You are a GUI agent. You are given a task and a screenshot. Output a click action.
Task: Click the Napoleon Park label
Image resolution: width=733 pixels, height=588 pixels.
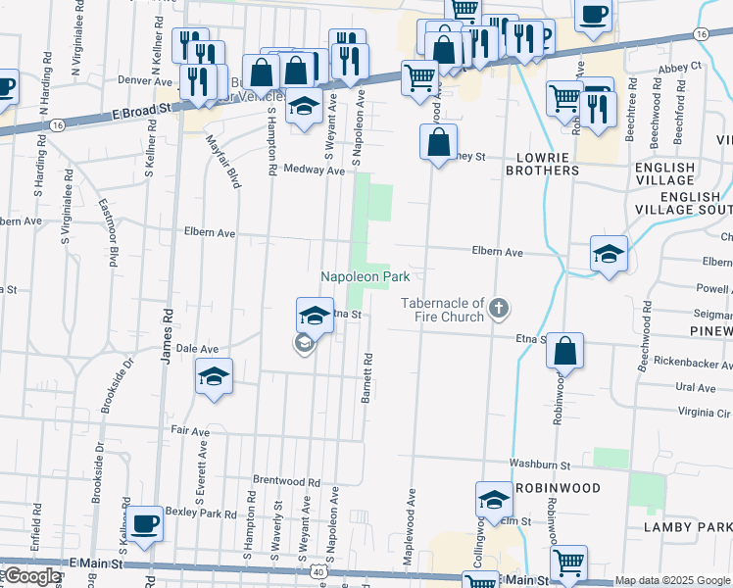366,277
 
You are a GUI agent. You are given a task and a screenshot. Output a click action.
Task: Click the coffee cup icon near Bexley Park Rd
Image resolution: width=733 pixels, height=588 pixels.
144,523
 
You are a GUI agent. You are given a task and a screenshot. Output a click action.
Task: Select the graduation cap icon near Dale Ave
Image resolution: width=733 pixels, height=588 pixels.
214,376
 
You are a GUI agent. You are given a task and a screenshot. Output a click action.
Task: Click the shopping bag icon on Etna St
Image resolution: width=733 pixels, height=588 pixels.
564,351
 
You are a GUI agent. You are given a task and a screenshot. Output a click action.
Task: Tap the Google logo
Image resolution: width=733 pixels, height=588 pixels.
31,576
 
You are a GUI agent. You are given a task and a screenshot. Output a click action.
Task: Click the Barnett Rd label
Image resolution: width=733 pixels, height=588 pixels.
366,376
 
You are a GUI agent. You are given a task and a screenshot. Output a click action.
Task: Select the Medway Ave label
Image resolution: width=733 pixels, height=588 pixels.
314,171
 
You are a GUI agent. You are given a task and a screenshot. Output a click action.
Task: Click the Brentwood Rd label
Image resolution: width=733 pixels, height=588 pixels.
286,482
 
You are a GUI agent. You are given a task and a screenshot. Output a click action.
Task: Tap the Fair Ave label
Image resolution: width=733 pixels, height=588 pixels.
190,431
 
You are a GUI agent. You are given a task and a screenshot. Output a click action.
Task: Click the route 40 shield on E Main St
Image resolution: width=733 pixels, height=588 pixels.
319,571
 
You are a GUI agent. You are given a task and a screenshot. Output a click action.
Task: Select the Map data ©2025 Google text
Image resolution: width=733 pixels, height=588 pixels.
672,580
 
